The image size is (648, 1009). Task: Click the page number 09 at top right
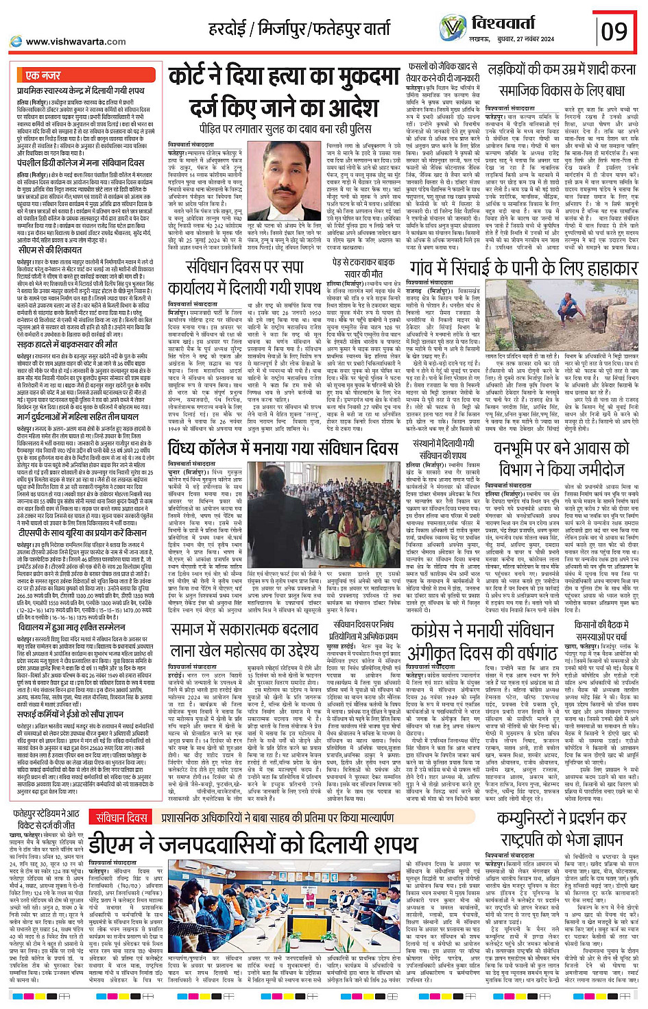pyautogui.click(x=614, y=32)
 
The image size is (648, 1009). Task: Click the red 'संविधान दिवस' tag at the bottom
pyautogui.click(x=121, y=817)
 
